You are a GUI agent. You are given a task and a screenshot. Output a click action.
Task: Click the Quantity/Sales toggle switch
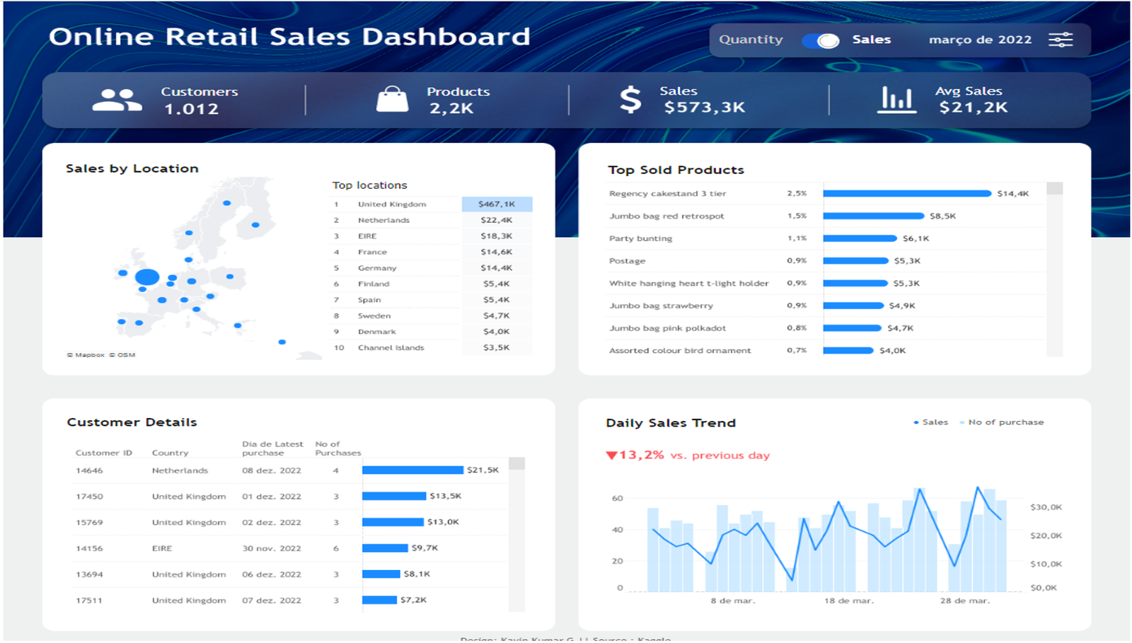tap(820, 40)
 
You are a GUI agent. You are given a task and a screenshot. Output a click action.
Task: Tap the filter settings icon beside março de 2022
tap(1060, 40)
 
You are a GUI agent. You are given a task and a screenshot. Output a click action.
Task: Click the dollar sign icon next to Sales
tap(630, 100)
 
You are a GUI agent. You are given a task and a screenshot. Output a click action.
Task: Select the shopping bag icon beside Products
tap(392, 100)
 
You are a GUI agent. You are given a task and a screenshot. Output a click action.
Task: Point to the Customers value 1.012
tap(191, 109)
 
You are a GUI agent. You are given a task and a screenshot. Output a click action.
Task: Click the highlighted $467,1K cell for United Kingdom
tap(497, 204)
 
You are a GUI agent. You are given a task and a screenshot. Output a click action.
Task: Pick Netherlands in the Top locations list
tap(383, 220)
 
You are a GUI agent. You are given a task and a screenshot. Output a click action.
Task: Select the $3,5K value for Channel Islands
tap(497, 347)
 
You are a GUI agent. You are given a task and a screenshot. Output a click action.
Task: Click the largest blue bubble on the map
tap(147, 277)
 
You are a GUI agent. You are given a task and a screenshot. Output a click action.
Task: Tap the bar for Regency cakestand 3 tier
tap(906, 193)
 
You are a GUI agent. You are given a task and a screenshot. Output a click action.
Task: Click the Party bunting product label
tap(640, 238)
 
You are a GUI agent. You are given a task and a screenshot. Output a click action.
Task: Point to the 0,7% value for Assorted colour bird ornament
tap(797, 350)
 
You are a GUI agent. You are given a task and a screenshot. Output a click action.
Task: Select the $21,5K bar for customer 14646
tap(412, 470)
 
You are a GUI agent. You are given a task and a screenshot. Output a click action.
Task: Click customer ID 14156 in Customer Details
tap(89, 548)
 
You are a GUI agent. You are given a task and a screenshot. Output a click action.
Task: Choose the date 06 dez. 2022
tap(271, 574)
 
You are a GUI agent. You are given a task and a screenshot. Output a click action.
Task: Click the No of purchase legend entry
tap(1005, 422)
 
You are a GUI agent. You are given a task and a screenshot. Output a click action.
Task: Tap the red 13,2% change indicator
tap(635, 455)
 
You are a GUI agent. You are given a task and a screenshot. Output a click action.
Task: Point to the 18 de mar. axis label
tap(848, 601)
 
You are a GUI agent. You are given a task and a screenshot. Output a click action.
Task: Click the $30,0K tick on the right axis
tap(1046, 507)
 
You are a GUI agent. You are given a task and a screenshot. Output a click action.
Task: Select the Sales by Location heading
tap(132, 168)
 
